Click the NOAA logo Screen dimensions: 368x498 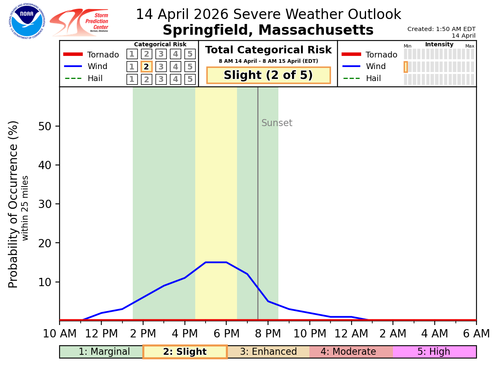pos(27,21)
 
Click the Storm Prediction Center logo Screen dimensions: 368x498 pos(79,22)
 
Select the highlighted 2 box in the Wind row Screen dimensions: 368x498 pos(146,67)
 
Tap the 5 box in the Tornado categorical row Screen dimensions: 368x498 pos(190,54)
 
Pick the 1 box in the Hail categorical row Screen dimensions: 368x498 pos(132,79)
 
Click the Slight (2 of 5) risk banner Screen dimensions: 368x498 pos(268,75)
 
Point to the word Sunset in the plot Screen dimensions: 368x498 pos(277,123)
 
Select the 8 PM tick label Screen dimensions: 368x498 pos(268,334)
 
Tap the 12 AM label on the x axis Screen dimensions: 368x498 pos(351,334)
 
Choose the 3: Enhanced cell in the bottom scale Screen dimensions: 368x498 pos(268,352)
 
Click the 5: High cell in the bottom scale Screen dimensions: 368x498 pos(434,352)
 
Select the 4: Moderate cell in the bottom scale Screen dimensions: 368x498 pos(351,352)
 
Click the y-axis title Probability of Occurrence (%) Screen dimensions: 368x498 pos(14,204)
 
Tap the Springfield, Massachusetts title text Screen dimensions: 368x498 pos(268,30)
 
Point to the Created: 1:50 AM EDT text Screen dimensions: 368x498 pos(441,29)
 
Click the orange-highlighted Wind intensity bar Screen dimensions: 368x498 pos(406,67)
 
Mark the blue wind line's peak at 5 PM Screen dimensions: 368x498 pos(206,262)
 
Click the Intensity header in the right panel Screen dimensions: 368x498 pos(439,45)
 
